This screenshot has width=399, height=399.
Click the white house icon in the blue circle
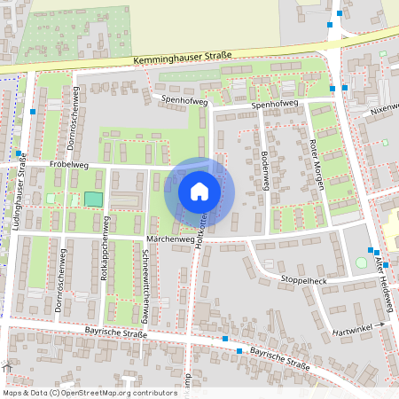[x=199, y=191]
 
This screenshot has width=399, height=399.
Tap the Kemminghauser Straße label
[x=182, y=58]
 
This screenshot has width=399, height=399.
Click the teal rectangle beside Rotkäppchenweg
[x=93, y=199]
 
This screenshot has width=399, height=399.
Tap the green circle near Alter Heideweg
[x=361, y=262]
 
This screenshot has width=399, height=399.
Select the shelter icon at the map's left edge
[x=6, y=367]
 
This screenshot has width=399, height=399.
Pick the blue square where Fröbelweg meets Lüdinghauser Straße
[x=19, y=153]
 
